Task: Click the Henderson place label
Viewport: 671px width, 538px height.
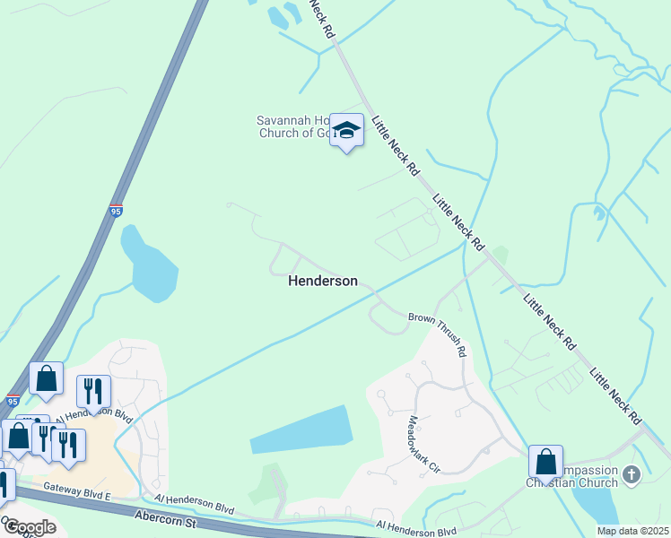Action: click(x=322, y=281)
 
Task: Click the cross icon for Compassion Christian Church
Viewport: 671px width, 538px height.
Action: click(x=632, y=473)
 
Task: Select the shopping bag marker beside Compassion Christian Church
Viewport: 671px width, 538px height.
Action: click(x=545, y=463)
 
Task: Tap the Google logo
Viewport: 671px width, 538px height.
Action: click(x=29, y=527)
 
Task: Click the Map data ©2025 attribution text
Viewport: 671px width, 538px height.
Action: click(x=632, y=531)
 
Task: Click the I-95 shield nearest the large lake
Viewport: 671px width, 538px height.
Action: click(x=116, y=211)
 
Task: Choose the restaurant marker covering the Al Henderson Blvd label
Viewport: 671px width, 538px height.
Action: click(x=93, y=392)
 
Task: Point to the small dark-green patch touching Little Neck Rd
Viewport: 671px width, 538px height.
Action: click(x=500, y=256)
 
